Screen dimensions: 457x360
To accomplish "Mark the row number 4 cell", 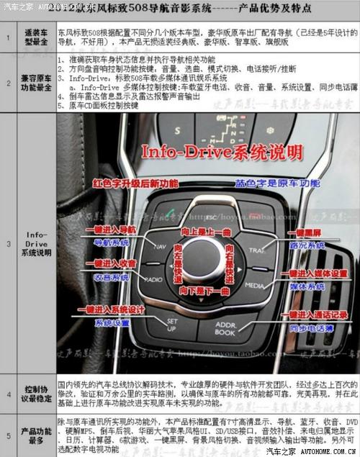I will [9, 394].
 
